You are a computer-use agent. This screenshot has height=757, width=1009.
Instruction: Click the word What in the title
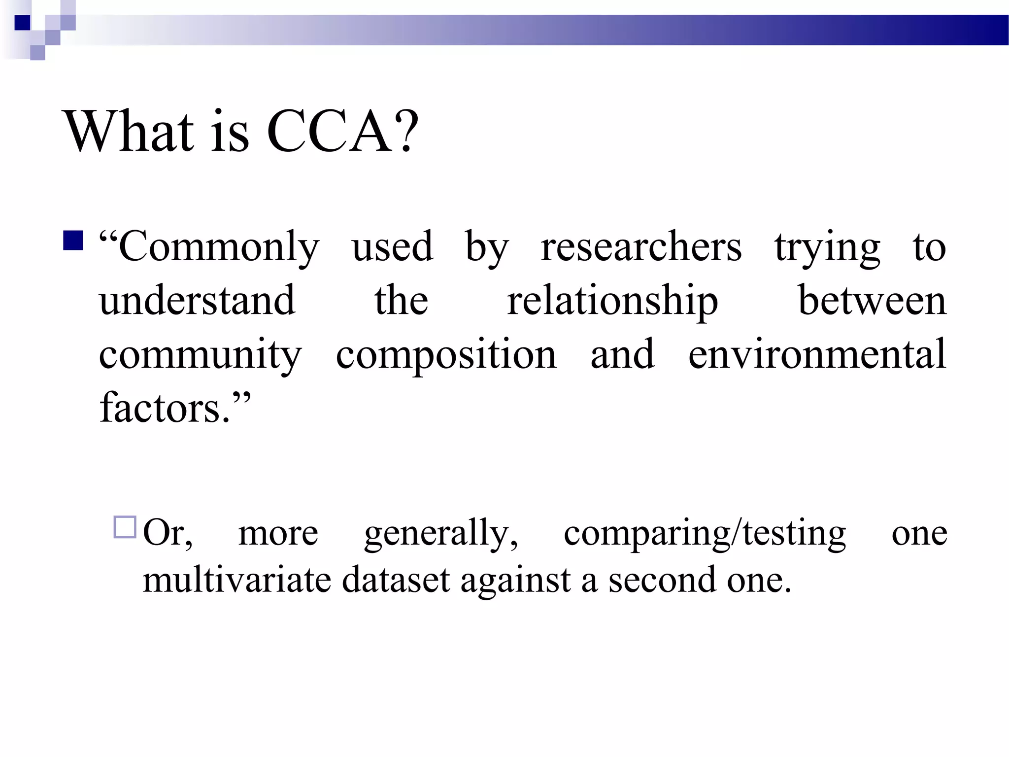tap(129, 132)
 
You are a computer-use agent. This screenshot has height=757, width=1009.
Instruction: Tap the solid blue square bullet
tap(73, 241)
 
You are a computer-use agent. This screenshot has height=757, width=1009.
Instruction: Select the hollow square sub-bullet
tap(125, 527)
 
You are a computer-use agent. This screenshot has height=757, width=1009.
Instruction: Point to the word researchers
tap(641, 247)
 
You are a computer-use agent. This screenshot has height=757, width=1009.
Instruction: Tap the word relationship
tap(612, 302)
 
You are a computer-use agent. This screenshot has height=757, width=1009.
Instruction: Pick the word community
tap(200, 356)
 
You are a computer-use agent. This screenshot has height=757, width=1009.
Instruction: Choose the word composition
tap(446, 356)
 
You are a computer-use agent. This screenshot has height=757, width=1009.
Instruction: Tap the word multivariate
tap(236, 580)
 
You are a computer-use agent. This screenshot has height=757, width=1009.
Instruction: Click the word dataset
tap(396, 580)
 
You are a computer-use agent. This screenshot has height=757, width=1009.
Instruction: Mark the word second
tap(662, 580)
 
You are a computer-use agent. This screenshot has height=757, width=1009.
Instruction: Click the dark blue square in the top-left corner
tap(23, 23)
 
